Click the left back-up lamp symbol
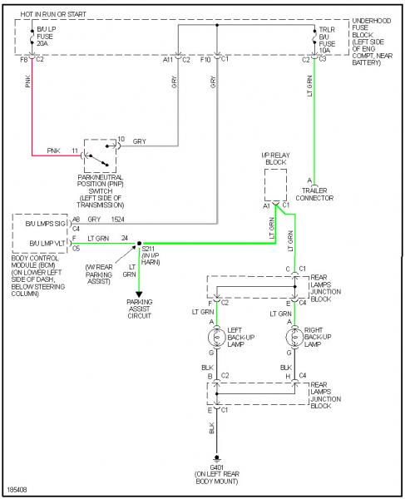217,338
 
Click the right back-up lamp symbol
294,338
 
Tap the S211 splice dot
139,244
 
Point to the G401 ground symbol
217,459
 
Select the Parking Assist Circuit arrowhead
139,294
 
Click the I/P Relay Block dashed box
275,185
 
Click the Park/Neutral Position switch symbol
100,156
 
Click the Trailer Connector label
314,194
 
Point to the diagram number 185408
17,490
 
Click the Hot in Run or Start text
53,14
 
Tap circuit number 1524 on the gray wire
117,220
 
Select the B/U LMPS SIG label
45,224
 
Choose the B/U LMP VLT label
47,244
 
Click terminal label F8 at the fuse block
24,59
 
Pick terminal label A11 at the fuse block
168,60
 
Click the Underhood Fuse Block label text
373,42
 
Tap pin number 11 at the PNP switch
75,151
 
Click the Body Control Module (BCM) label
38,275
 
